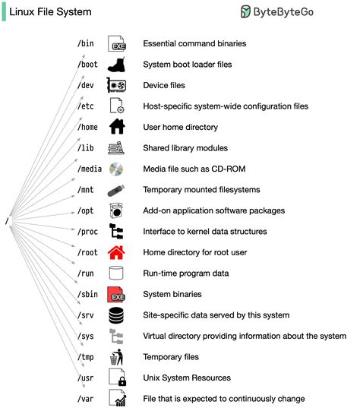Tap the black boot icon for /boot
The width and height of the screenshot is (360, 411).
pos(116,65)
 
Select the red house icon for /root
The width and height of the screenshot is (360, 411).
pos(116,252)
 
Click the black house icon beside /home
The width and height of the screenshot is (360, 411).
pos(116,127)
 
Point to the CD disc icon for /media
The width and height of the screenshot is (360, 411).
pos(116,169)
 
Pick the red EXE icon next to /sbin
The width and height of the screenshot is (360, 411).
pos(116,294)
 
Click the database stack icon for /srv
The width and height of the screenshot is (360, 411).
pos(116,315)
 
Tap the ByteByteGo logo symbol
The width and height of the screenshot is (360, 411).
pos(247,11)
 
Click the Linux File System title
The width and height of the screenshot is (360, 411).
pos(50,12)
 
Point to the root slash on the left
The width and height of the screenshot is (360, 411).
pos(6,221)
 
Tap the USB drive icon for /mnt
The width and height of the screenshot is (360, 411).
pos(116,190)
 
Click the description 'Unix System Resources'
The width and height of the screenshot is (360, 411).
pos(187,378)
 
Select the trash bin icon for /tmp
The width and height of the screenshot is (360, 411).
pos(116,356)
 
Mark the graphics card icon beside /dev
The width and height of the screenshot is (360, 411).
pos(116,85)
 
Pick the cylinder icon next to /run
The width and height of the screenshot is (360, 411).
pos(116,273)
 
